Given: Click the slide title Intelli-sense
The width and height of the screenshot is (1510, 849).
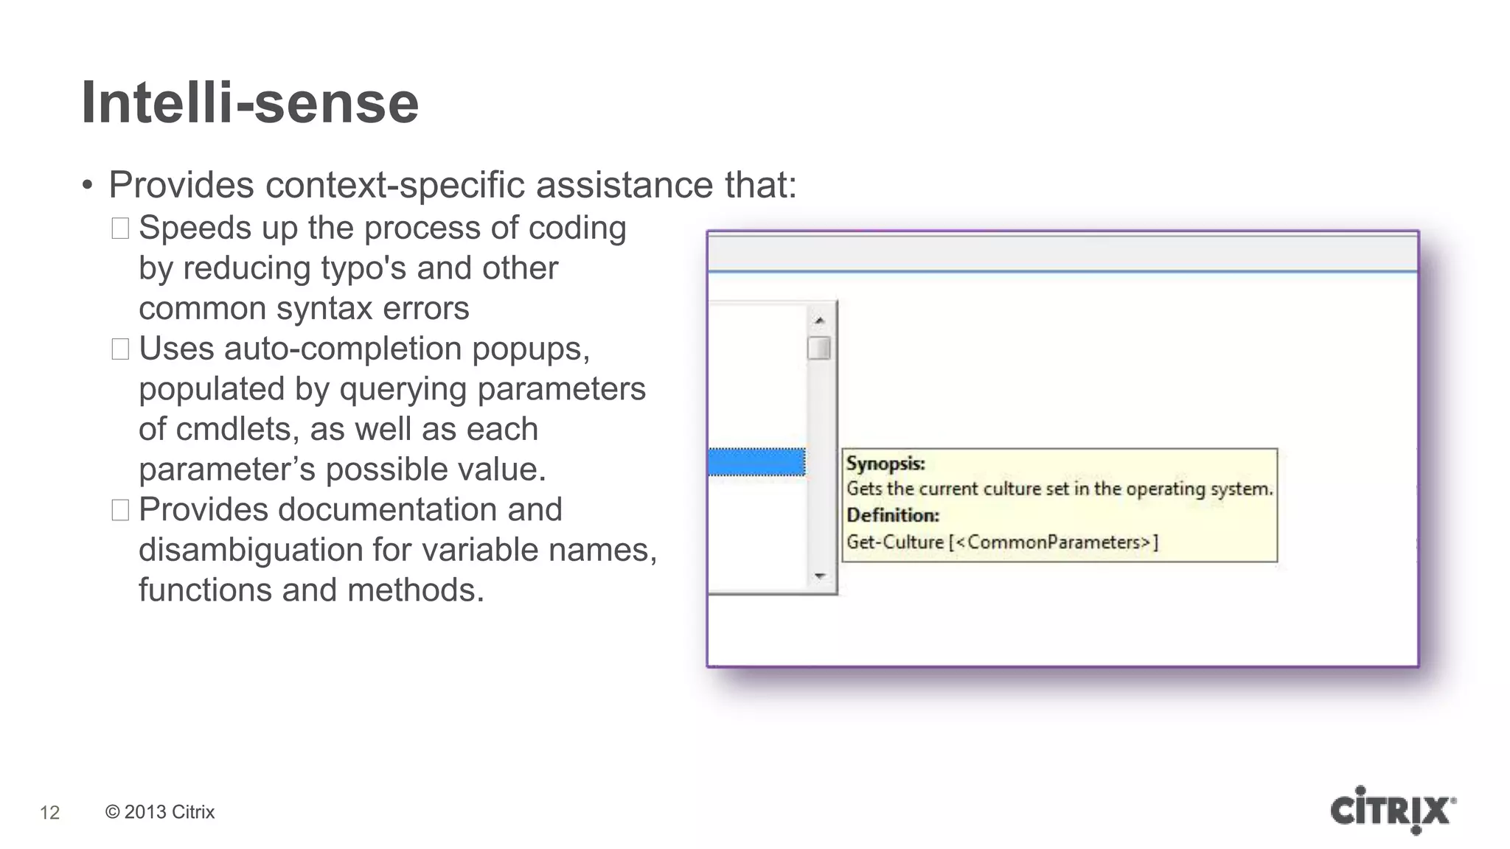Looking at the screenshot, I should [249, 102].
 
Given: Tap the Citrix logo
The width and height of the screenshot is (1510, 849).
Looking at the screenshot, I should [1392, 811].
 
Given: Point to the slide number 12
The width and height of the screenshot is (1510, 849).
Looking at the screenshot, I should [49, 813].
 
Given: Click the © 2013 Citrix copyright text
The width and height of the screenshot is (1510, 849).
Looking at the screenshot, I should [160, 812].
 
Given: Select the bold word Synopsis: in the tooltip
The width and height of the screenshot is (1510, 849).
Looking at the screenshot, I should [886, 464].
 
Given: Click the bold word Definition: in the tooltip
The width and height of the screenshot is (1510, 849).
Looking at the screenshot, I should [893, 515].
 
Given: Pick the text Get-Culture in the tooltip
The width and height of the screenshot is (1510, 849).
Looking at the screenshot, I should [895, 542].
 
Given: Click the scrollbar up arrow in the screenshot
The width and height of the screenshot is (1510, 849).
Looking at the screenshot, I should [819, 321].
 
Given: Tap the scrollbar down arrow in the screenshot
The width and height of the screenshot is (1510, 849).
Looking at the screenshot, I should [820, 576].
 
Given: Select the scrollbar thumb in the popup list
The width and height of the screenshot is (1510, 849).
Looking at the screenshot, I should [819, 348].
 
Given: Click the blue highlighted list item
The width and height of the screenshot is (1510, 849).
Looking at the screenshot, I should [756, 462].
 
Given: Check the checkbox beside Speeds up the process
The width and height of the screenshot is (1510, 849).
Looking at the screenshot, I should [120, 228].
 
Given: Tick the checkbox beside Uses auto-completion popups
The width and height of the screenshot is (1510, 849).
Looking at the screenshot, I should [120, 349].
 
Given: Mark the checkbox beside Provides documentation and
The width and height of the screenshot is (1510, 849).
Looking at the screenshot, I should [120, 510].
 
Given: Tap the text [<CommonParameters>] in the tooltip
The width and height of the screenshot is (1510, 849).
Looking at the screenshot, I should [1054, 542].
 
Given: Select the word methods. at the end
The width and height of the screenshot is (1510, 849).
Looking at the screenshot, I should [416, 590].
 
